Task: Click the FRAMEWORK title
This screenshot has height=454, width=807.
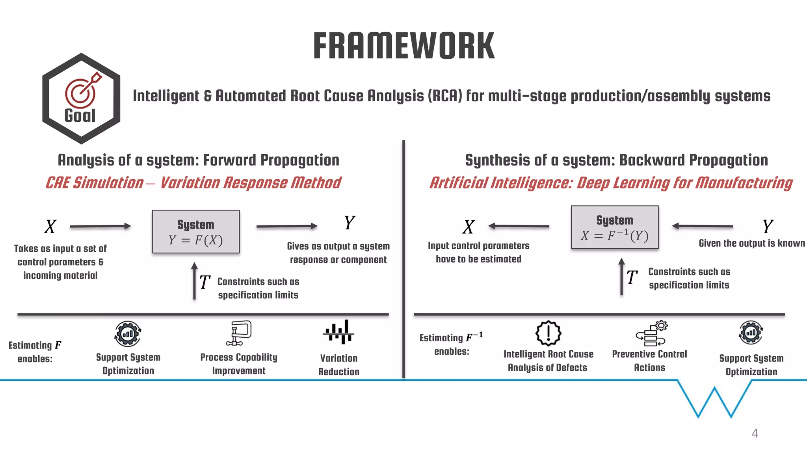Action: (x=403, y=46)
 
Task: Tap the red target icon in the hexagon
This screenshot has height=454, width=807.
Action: (x=82, y=91)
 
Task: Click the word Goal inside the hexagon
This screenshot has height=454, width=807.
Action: (x=80, y=116)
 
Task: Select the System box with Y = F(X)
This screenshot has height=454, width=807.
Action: (x=196, y=232)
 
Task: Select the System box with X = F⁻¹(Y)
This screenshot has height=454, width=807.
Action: (x=615, y=227)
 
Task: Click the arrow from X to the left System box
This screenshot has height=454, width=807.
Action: (x=100, y=226)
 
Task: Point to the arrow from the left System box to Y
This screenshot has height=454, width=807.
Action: (x=286, y=226)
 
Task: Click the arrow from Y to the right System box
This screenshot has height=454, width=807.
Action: (x=703, y=226)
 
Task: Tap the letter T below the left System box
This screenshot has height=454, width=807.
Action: (x=205, y=282)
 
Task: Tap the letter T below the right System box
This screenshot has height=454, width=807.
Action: (x=632, y=277)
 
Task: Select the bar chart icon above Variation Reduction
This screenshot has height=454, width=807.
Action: (x=338, y=332)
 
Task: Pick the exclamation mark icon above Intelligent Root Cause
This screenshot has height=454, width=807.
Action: (x=548, y=333)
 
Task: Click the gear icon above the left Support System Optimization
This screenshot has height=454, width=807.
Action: (x=128, y=334)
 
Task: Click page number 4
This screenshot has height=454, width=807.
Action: (x=755, y=433)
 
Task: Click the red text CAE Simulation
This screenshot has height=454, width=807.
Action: (x=95, y=183)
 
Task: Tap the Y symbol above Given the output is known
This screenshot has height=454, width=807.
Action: (x=768, y=227)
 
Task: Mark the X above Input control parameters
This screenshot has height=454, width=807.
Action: (x=469, y=227)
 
